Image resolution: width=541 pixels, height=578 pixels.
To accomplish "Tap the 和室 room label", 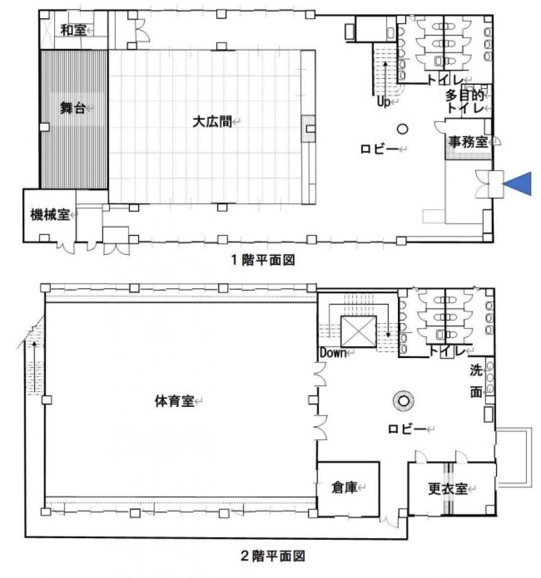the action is pyautogui.click(x=73, y=30).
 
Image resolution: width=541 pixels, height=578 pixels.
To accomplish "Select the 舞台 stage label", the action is pyautogui.click(x=73, y=108).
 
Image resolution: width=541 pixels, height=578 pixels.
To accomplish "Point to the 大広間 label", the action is pyautogui.click(x=212, y=121).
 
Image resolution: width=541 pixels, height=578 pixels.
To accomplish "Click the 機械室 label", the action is pyautogui.click(x=50, y=214).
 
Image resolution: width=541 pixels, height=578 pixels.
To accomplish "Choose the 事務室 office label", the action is pyautogui.click(x=468, y=142).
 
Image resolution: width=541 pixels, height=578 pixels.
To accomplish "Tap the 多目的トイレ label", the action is pyautogui.click(x=465, y=102).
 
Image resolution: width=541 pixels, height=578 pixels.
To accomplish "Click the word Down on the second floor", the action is pyautogui.click(x=333, y=353).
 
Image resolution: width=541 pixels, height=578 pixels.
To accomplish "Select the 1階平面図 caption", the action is pyautogui.click(x=263, y=260).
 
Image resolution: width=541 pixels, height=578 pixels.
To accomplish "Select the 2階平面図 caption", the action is pyautogui.click(x=273, y=555).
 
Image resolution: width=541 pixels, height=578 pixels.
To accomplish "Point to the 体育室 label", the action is pyautogui.click(x=174, y=401).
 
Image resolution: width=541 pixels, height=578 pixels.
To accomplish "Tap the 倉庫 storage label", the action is pyautogui.click(x=344, y=488).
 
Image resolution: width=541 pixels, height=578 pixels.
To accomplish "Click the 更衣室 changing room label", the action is pyautogui.click(x=447, y=489).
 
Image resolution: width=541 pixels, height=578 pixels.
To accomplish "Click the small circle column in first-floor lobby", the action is pyautogui.click(x=402, y=129).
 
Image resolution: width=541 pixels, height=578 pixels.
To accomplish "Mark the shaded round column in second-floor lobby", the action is pyautogui.click(x=403, y=400).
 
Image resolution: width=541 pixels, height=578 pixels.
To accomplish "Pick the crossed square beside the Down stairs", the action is pyautogui.click(x=358, y=331).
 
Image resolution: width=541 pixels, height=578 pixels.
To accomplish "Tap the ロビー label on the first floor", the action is pyautogui.click(x=379, y=149).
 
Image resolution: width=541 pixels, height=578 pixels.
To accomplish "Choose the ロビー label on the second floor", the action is pyautogui.click(x=407, y=429).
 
